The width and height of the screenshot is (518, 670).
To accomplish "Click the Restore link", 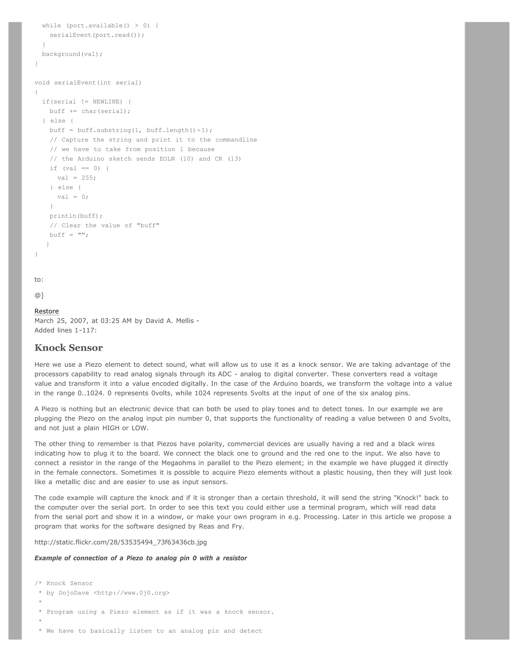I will [x=46, y=311].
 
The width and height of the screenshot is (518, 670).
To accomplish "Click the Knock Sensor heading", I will [x=69, y=348].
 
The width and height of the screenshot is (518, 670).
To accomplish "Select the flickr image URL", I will [x=121, y=542].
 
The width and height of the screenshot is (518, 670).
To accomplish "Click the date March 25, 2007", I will [x=61, y=321].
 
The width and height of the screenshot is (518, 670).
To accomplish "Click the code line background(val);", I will [x=72, y=54].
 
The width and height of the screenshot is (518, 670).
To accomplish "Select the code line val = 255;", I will [x=76, y=178].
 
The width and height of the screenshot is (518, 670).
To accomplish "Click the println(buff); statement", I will [x=76, y=216].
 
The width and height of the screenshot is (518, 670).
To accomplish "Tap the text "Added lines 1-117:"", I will [x=65, y=330].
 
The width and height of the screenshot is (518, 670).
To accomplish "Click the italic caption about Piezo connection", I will [x=141, y=558].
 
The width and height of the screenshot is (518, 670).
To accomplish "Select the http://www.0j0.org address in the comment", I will [x=131, y=593].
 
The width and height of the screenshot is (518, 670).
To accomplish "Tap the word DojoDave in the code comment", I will [x=74, y=593].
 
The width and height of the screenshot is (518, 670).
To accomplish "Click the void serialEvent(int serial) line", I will [x=88, y=82].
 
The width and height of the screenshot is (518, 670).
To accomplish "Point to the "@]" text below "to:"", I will [x=39, y=295].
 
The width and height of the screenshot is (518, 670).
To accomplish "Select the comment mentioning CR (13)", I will [x=145, y=159].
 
